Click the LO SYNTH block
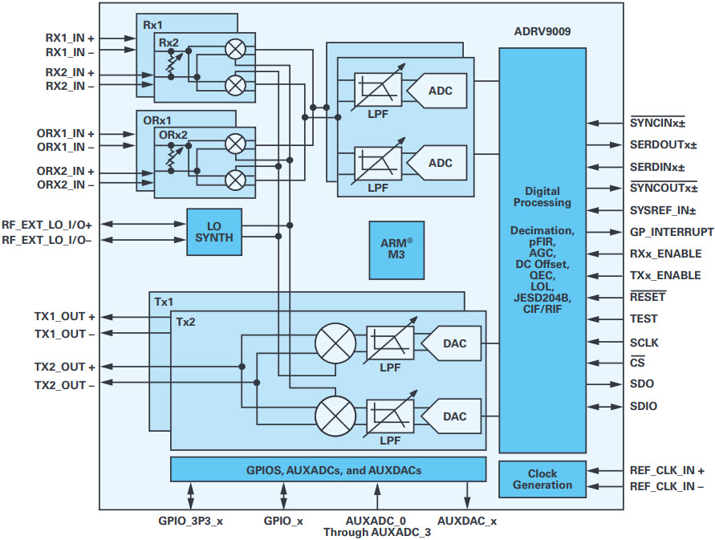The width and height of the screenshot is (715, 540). (x=214, y=232)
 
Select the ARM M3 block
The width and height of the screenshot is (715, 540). (x=396, y=250)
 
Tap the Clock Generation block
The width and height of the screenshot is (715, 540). (x=542, y=479)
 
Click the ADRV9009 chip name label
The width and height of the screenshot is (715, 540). (x=542, y=31)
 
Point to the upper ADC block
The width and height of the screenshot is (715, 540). (x=437, y=91)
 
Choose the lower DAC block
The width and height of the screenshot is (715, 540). (x=451, y=416)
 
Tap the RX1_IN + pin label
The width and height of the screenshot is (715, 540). (x=70, y=38)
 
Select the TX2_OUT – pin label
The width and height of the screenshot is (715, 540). (x=65, y=385)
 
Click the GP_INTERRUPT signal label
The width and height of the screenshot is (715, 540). (x=672, y=232)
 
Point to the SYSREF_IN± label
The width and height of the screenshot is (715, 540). (x=663, y=210)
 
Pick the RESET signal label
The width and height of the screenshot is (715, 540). (x=648, y=297)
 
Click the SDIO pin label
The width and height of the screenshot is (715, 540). (x=644, y=406)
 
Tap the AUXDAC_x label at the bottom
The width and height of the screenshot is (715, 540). (x=467, y=521)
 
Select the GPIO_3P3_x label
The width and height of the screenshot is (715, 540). (x=191, y=521)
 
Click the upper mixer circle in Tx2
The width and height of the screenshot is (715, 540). (x=335, y=343)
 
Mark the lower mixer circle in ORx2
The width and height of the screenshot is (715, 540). (x=236, y=180)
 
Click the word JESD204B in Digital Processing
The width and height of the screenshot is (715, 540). (x=542, y=298)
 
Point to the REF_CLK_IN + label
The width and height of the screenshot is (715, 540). (x=667, y=470)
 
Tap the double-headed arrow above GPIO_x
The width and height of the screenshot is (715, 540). (x=283, y=496)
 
